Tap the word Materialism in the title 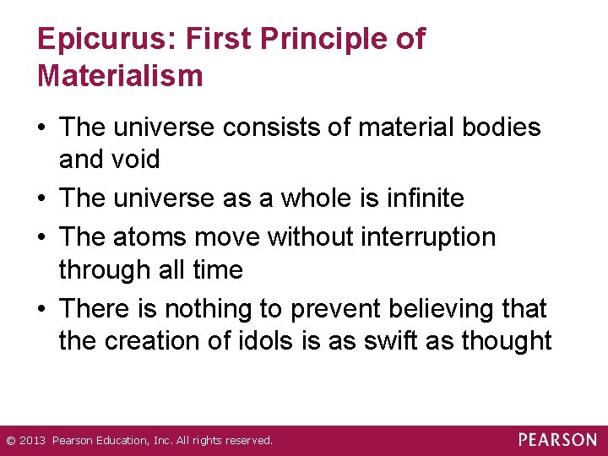[120, 76]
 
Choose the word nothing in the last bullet [220, 308]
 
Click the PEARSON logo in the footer [557, 440]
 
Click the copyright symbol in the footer [10, 441]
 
